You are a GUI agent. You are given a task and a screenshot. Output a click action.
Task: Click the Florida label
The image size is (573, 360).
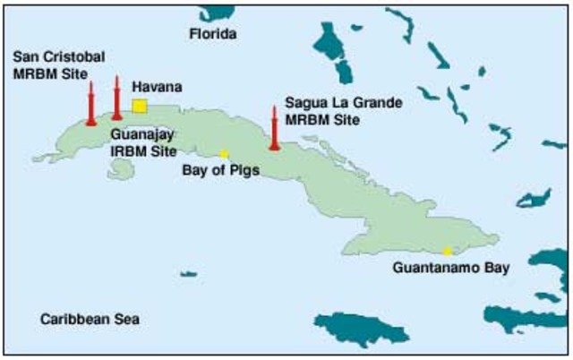click(213, 35)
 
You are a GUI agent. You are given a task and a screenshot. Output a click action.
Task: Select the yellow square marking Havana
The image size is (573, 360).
click(139, 107)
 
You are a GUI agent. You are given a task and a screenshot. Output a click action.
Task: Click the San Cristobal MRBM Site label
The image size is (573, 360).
click(58, 64)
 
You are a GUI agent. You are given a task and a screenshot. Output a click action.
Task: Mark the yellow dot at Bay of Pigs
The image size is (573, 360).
click(225, 154)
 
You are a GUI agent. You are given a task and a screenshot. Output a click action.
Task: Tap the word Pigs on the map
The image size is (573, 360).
click(242, 169)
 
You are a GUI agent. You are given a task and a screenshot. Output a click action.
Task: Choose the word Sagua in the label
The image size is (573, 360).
click(304, 103)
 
